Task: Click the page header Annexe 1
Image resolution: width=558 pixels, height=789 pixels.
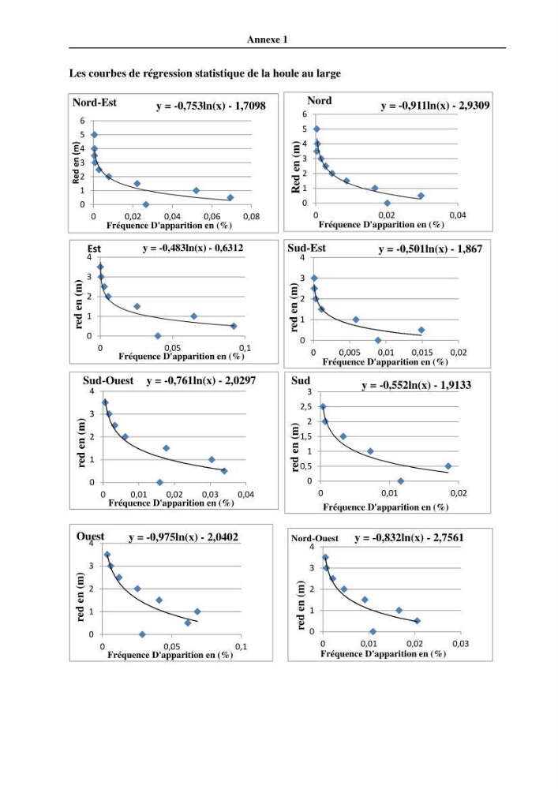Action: pyautogui.click(x=268, y=39)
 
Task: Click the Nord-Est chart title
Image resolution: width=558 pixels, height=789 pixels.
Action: pyautogui.click(x=95, y=103)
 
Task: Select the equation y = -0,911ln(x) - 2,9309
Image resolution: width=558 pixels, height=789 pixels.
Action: pyautogui.click(x=435, y=106)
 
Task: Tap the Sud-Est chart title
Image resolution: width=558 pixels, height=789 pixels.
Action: pyautogui.click(x=306, y=248)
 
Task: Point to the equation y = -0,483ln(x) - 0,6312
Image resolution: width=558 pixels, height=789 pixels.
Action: pyautogui.click(x=193, y=248)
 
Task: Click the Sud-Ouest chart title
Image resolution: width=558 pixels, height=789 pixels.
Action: pyautogui.click(x=108, y=381)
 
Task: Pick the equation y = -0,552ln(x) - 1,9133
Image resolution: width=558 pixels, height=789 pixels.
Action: pyautogui.click(x=417, y=386)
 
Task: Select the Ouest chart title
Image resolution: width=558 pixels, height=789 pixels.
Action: pyautogui.click(x=91, y=537)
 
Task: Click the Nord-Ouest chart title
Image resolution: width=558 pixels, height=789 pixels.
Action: pyautogui.click(x=315, y=538)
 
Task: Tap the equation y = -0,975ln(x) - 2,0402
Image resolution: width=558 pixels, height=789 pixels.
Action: pyautogui.click(x=184, y=537)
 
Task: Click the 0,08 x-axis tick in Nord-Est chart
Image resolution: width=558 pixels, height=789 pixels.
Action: pyautogui.click(x=251, y=216)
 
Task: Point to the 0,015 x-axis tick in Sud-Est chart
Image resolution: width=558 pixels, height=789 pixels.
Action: pyautogui.click(x=422, y=353)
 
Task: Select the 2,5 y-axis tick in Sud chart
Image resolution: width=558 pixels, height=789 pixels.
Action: pyautogui.click(x=305, y=406)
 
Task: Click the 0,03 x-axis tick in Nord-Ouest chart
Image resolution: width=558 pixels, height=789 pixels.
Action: pyautogui.click(x=460, y=644)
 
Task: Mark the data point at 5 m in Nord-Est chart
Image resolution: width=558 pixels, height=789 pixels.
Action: pyautogui.click(x=94, y=135)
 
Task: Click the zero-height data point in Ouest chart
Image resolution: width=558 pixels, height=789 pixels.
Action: pyautogui.click(x=142, y=634)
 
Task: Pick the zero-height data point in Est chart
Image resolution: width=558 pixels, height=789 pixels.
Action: pyautogui.click(x=158, y=335)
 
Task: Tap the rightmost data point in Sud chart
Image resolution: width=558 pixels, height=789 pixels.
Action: pyautogui.click(x=448, y=466)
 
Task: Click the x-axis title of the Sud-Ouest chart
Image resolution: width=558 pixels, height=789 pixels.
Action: pyautogui.click(x=171, y=503)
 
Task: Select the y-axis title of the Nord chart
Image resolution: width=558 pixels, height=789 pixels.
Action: pyautogui.click(x=296, y=167)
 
